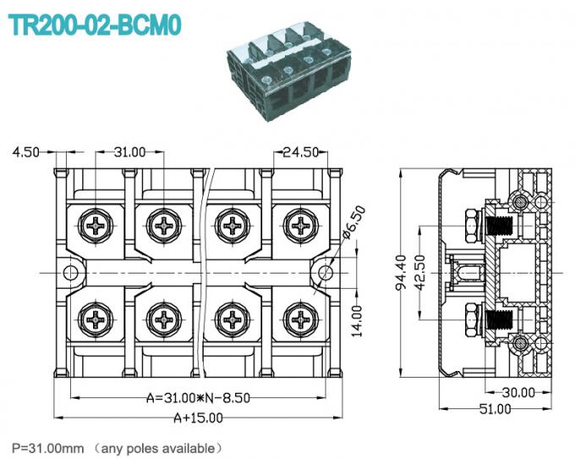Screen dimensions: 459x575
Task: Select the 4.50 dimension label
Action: pyautogui.click(x=25, y=152)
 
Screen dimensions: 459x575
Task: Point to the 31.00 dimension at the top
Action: pyautogui.click(x=130, y=152)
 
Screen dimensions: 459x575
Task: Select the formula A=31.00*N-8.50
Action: pyautogui.click(x=199, y=398)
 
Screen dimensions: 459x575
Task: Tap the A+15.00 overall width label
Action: pyautogui.click(x=199, y=417)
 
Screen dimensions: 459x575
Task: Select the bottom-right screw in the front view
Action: pyautogui.click(x=299, y=318)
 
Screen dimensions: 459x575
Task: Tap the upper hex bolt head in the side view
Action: pyautogui.click(x=469, y=226)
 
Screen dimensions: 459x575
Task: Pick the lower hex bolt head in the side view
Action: pyautogui.click(x=469, y=320)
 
